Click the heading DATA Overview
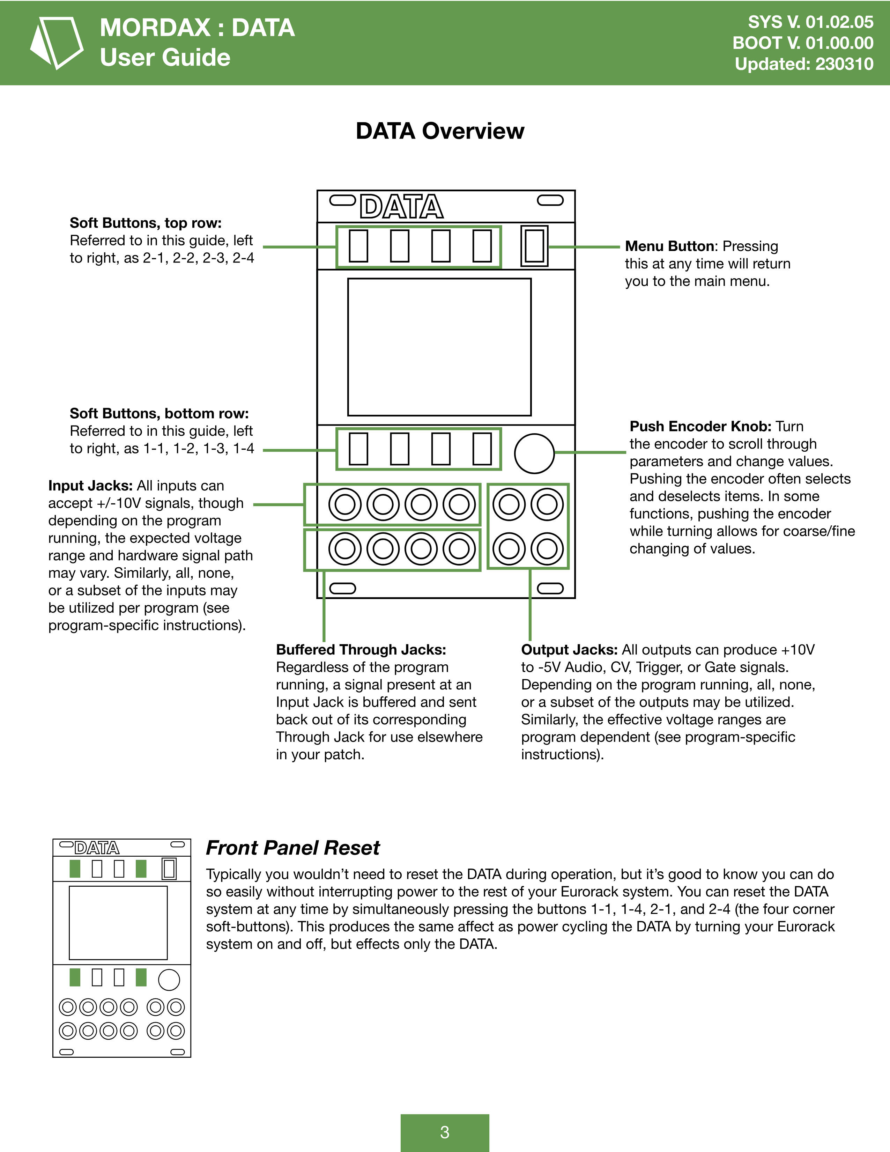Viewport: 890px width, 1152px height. pos(440,131)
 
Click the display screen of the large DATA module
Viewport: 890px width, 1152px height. pos(439,347)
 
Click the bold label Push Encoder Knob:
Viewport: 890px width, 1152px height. pos(700,426)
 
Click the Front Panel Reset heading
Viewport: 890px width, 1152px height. pos(292,848)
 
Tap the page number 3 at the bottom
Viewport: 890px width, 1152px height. pos(444,1132)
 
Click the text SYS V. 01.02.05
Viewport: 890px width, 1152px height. pos(810,22)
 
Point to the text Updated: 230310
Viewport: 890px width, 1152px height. pos(804,64)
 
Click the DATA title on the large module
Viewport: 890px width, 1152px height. pos(401,206)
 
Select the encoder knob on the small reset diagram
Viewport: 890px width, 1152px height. pos(169,980)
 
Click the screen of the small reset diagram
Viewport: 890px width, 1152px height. pos(118,923)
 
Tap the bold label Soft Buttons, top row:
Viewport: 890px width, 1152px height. pos(146,223)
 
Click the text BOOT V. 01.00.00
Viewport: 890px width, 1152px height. pos(802,43)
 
